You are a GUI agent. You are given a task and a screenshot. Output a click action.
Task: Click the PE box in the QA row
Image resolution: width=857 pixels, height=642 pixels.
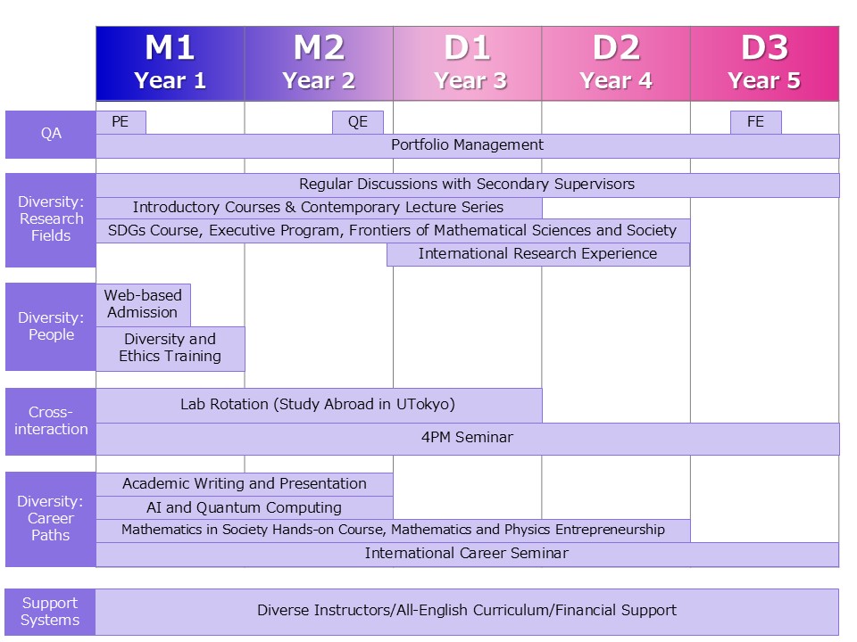tap(121, 122)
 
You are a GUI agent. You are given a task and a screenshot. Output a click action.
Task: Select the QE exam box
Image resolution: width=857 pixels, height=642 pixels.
tap(358, 122)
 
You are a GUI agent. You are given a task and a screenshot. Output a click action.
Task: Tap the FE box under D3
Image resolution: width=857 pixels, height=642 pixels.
tap(755, 122)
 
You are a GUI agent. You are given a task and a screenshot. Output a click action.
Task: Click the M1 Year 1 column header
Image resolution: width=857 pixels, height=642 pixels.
tap(170, 63)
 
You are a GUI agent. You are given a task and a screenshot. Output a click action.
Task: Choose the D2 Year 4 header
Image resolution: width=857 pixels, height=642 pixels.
tap(616, 63)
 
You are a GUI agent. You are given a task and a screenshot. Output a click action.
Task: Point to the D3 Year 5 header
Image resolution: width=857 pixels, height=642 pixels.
tap(764, 63)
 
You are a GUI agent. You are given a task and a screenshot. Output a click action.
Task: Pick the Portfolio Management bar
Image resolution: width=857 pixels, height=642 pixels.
tap(467, 145)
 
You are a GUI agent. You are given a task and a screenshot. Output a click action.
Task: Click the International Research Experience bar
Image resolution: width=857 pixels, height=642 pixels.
tap(537, 254)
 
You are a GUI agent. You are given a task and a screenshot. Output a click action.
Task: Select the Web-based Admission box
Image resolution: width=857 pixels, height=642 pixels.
tap(143, 304)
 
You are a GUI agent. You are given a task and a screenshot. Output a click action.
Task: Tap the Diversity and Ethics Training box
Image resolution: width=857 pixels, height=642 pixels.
tap(170, 348)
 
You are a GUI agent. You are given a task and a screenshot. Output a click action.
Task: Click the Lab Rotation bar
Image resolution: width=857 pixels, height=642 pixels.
tap(318, 405)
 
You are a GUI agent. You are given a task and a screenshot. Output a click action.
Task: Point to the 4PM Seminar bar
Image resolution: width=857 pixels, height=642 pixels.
tap(467, 438)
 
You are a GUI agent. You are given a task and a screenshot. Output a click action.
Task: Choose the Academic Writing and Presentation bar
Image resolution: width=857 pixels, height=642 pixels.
tap(245, 484)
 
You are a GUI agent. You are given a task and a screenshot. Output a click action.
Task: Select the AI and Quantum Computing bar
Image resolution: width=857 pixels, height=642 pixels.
tap(245, 507)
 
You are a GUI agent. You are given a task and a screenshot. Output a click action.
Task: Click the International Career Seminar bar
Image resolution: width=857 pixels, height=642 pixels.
tap(467, 554)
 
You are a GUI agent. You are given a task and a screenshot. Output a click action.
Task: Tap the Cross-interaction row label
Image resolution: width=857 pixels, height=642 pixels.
tap(51, 421)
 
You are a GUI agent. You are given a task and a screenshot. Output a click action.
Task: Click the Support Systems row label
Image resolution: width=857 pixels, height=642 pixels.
tap(50, 612)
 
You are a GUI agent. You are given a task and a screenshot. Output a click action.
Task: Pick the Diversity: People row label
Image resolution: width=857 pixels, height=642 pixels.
tap(51, 326)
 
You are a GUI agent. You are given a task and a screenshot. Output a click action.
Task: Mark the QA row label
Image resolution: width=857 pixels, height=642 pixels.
tap(51, 134)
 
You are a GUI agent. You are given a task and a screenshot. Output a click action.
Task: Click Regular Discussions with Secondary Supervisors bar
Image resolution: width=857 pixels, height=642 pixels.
tap(467, 185)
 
